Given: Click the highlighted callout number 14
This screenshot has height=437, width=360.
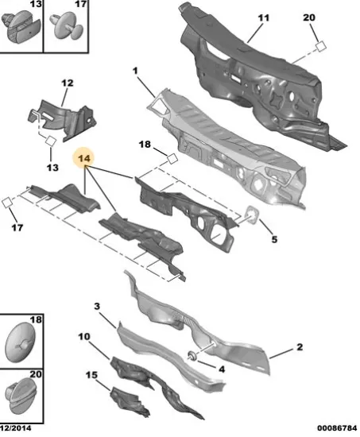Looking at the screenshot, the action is coord(84,158).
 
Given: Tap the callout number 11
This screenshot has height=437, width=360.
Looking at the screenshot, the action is coord(264,18).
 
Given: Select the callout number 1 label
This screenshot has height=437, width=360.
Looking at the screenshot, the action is coord(135,71).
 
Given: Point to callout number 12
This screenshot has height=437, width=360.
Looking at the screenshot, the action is coord(68,83).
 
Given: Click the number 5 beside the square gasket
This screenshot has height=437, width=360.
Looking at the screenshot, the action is coord(274,239).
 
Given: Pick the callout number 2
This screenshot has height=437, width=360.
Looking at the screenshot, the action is coord(300,347).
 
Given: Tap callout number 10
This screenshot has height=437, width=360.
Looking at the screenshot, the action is coord(84,337).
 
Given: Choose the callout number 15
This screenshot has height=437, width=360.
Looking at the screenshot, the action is coord(91,375).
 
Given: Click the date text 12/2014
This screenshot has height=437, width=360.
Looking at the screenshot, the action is coord(16,428).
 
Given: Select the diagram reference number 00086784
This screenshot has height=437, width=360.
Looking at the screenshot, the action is coord(337,428).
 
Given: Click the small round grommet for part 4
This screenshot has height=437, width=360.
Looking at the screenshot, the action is coord(192,355).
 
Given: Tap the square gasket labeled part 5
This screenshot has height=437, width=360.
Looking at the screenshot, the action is coord(252,215).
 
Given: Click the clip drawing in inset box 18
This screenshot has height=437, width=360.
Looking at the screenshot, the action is coord(20,342).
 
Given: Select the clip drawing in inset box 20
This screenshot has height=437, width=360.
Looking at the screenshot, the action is coord(21,395).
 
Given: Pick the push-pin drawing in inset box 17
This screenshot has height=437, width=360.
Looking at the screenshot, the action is coord(67,26).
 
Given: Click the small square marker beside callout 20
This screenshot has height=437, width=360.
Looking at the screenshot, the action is coord(321,46).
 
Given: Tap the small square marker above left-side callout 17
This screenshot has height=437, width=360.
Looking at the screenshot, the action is coord(6,203).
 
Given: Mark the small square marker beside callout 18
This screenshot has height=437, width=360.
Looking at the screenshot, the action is coord(172,159).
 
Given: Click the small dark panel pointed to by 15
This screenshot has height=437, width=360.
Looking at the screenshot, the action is coord(129,401).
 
